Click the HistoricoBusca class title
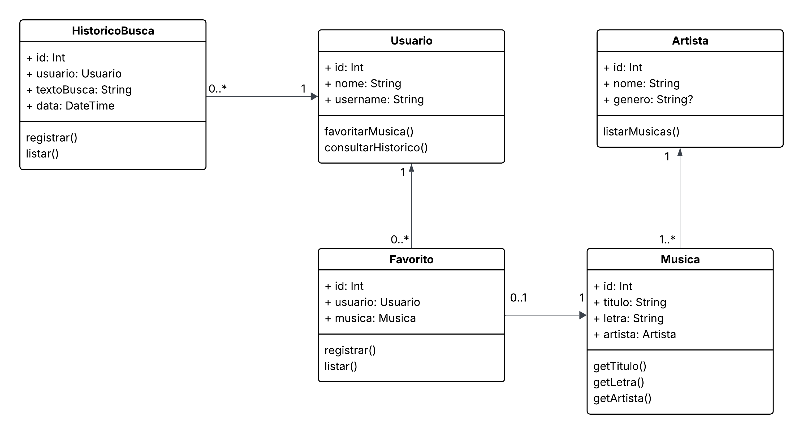(x=113, y=31)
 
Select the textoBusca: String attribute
(x=79, y=90)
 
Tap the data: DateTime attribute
(x=70, y=106)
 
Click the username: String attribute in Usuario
(x=374, y=100)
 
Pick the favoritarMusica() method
(x=369, y=131)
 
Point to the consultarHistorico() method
(x=376, y=148)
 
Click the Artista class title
(x=690, y=41)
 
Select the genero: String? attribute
(x=648, y=100)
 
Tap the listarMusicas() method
(x=641, y=131)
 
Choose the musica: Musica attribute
(x=370, y=318)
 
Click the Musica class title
(x=680, y=259)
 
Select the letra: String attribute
(x=629, y=318)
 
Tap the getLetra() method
(x=619, y=382)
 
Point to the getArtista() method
(x=622, y=398)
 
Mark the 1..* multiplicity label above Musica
(x=667, y=239)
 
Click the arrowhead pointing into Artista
(x=680, y=152)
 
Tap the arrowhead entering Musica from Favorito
(x=582, y=315)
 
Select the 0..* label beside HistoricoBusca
(x=218, y=89)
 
